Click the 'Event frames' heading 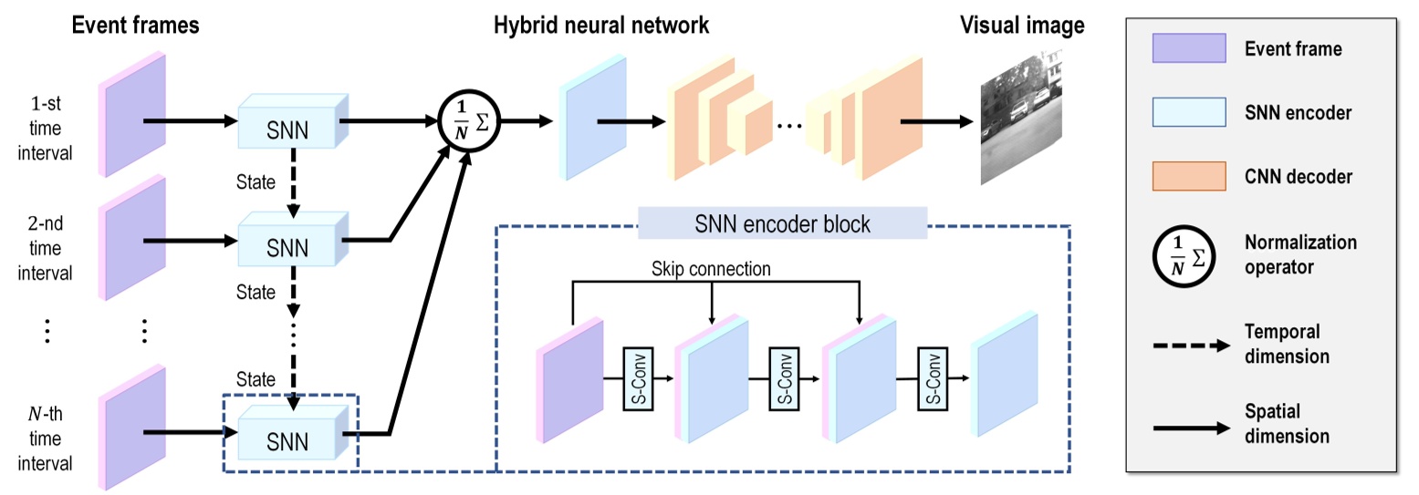[136, 26]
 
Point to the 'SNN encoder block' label [782, 222]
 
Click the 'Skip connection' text [711, 270]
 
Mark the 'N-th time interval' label [47, 438]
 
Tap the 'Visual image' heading [1022, 26]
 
